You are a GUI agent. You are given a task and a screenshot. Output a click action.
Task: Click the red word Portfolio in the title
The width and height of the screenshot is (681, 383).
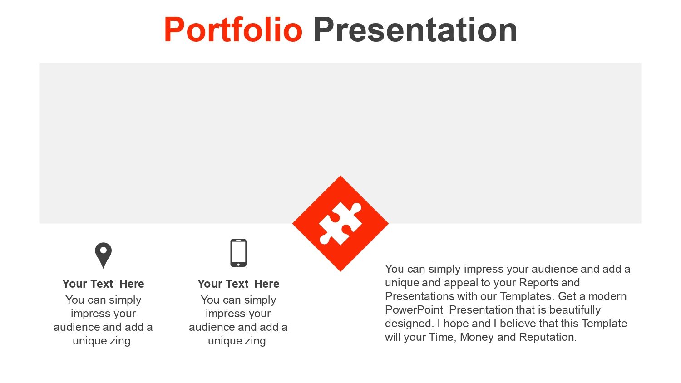click(x=233, y=30)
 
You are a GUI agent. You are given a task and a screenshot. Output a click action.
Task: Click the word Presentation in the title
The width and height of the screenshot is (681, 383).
click(x=415, y=30)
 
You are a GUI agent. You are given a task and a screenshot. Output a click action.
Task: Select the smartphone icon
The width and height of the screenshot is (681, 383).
click(x=238, y=253)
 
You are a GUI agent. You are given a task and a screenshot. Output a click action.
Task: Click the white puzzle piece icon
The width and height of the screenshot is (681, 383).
click(x=340, y=223)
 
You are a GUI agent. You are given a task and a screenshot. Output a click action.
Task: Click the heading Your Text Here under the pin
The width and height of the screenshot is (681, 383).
click(x=104, y=284)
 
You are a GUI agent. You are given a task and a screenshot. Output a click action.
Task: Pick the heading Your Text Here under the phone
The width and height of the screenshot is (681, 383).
click(x=238, y=284)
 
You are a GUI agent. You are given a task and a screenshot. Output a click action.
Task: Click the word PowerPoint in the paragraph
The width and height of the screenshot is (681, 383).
click(x=414, y=310)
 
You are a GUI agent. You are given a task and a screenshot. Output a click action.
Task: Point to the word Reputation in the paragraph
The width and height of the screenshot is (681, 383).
click(x=548, y=337)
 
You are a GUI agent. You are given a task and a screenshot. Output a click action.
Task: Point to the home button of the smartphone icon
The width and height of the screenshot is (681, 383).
click(x=238, y=265)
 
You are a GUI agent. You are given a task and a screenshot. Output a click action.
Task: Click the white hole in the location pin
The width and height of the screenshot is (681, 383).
click(x=104, y=250)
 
